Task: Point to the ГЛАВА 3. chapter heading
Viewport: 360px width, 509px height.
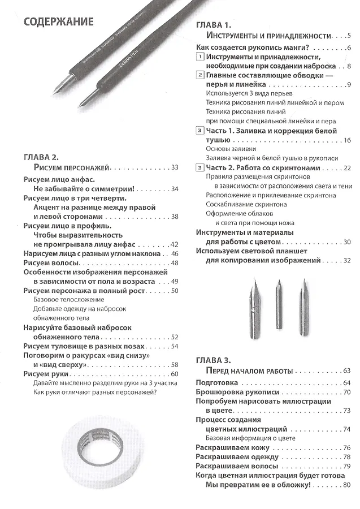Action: pyautogui.click(x=214, y=360)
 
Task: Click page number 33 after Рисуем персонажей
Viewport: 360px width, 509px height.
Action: pyautogui.click(x=174, y=167)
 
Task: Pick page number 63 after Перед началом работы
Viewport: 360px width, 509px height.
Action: pyautogui.click(x=346, y=371)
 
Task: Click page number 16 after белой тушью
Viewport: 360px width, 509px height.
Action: pyautogui.click(x=347, y=140)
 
